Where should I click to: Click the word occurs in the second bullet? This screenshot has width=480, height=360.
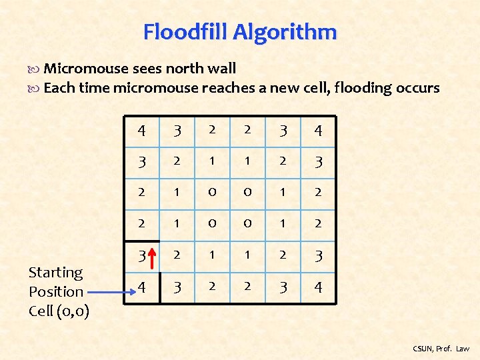[418, 88]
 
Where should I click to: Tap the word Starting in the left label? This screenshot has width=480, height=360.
[55, 273]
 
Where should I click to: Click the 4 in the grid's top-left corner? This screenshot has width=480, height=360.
[142, 130]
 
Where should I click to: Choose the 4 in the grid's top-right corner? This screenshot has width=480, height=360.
[318, 130]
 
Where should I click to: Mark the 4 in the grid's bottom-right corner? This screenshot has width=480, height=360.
[318, 288]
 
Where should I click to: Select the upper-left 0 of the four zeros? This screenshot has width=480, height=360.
[212, 193]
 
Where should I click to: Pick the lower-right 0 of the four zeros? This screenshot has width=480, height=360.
[247, 224]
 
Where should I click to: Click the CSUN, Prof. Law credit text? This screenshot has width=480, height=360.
[441, 349]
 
